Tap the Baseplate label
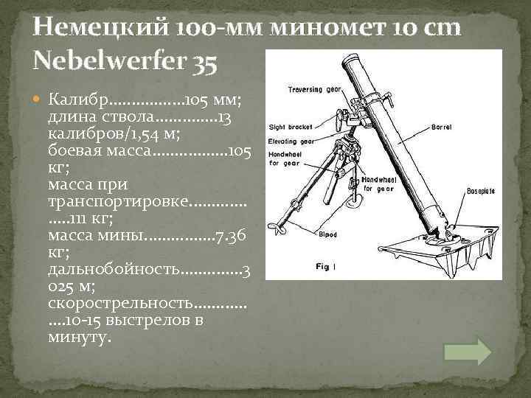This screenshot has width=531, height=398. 480,191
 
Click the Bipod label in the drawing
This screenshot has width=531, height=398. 328,236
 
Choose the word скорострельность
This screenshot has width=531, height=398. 119,304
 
